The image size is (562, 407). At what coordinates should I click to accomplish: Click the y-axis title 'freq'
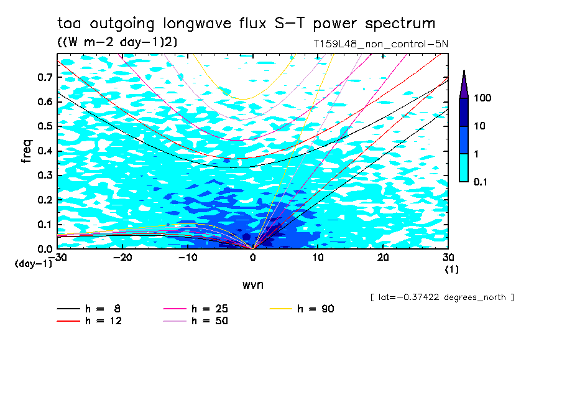point(27,151)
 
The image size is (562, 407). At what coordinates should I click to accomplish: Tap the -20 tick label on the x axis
point(122,257)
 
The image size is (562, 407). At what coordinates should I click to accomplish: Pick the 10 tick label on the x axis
point(318,257)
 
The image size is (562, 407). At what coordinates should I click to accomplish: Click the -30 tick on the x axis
point(58,257)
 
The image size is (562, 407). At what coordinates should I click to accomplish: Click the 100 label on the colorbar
point(482,98)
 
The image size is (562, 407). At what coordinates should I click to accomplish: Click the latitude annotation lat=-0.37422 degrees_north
point(441,297)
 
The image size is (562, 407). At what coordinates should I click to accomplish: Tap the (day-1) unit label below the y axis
point(33,264)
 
